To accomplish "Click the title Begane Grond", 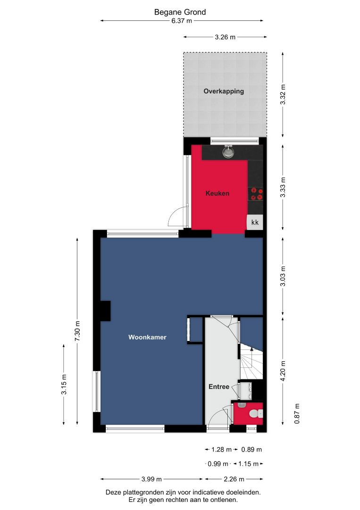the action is (180, 12).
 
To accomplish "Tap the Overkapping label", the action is (224, 91).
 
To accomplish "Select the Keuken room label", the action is (218, 193).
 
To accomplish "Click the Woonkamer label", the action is (147, 337).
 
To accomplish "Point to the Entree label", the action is (218, 387).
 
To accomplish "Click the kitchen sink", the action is (228, 152).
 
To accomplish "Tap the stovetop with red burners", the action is (255, 194).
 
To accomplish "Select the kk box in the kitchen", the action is (255, 222).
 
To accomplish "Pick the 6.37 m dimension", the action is (182, 21).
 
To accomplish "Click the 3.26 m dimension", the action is (225, 37).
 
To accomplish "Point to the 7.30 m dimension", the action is (77, 331).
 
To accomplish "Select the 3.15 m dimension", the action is (64, 384).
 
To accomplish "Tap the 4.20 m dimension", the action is (283, 371).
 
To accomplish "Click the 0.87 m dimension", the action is (297, 414).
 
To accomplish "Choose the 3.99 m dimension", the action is (152, 479).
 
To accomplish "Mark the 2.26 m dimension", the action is (234, 479).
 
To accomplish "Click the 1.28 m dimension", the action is (221, 450).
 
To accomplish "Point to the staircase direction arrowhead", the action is (251, 349).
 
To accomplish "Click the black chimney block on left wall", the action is (105, 311).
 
